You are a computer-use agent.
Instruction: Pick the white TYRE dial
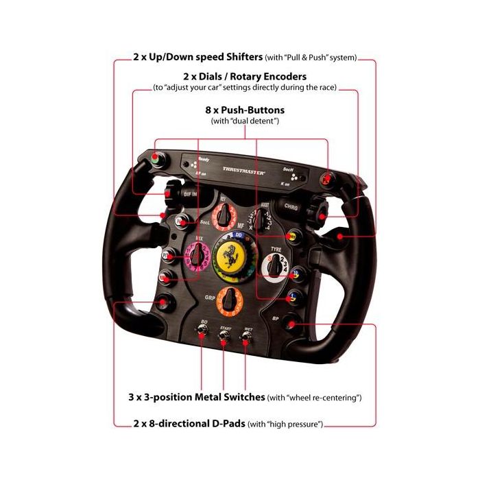(278, 265)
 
